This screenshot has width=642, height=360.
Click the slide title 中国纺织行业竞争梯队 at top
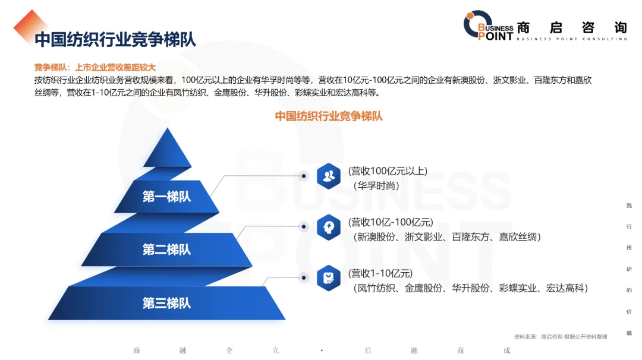coord(115,40)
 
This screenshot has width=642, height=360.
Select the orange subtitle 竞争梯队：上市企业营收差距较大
coord(95,68)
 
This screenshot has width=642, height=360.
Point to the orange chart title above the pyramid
coord(329,116)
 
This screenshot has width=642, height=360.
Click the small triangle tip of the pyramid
coord(168,148)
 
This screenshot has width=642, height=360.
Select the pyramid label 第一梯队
coord(166,197)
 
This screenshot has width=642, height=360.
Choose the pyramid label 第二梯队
coord(166,250)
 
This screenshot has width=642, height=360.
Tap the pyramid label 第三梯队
coord(166,303)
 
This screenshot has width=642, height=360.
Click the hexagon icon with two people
coord(329,176)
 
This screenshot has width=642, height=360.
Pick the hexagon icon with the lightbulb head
coord(329,227)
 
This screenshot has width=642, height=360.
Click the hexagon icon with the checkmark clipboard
coord(329,278)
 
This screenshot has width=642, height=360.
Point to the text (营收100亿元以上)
coord(388,171)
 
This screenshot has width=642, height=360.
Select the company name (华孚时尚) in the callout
coord(376,186)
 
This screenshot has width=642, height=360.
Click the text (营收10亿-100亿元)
coord(391,222)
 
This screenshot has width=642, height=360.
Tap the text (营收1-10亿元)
coord(380,273)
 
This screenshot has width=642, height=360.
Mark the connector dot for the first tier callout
coord(304,176)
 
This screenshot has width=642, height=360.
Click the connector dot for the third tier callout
coord(304,278)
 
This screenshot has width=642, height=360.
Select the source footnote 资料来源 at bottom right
coord(561,337)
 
